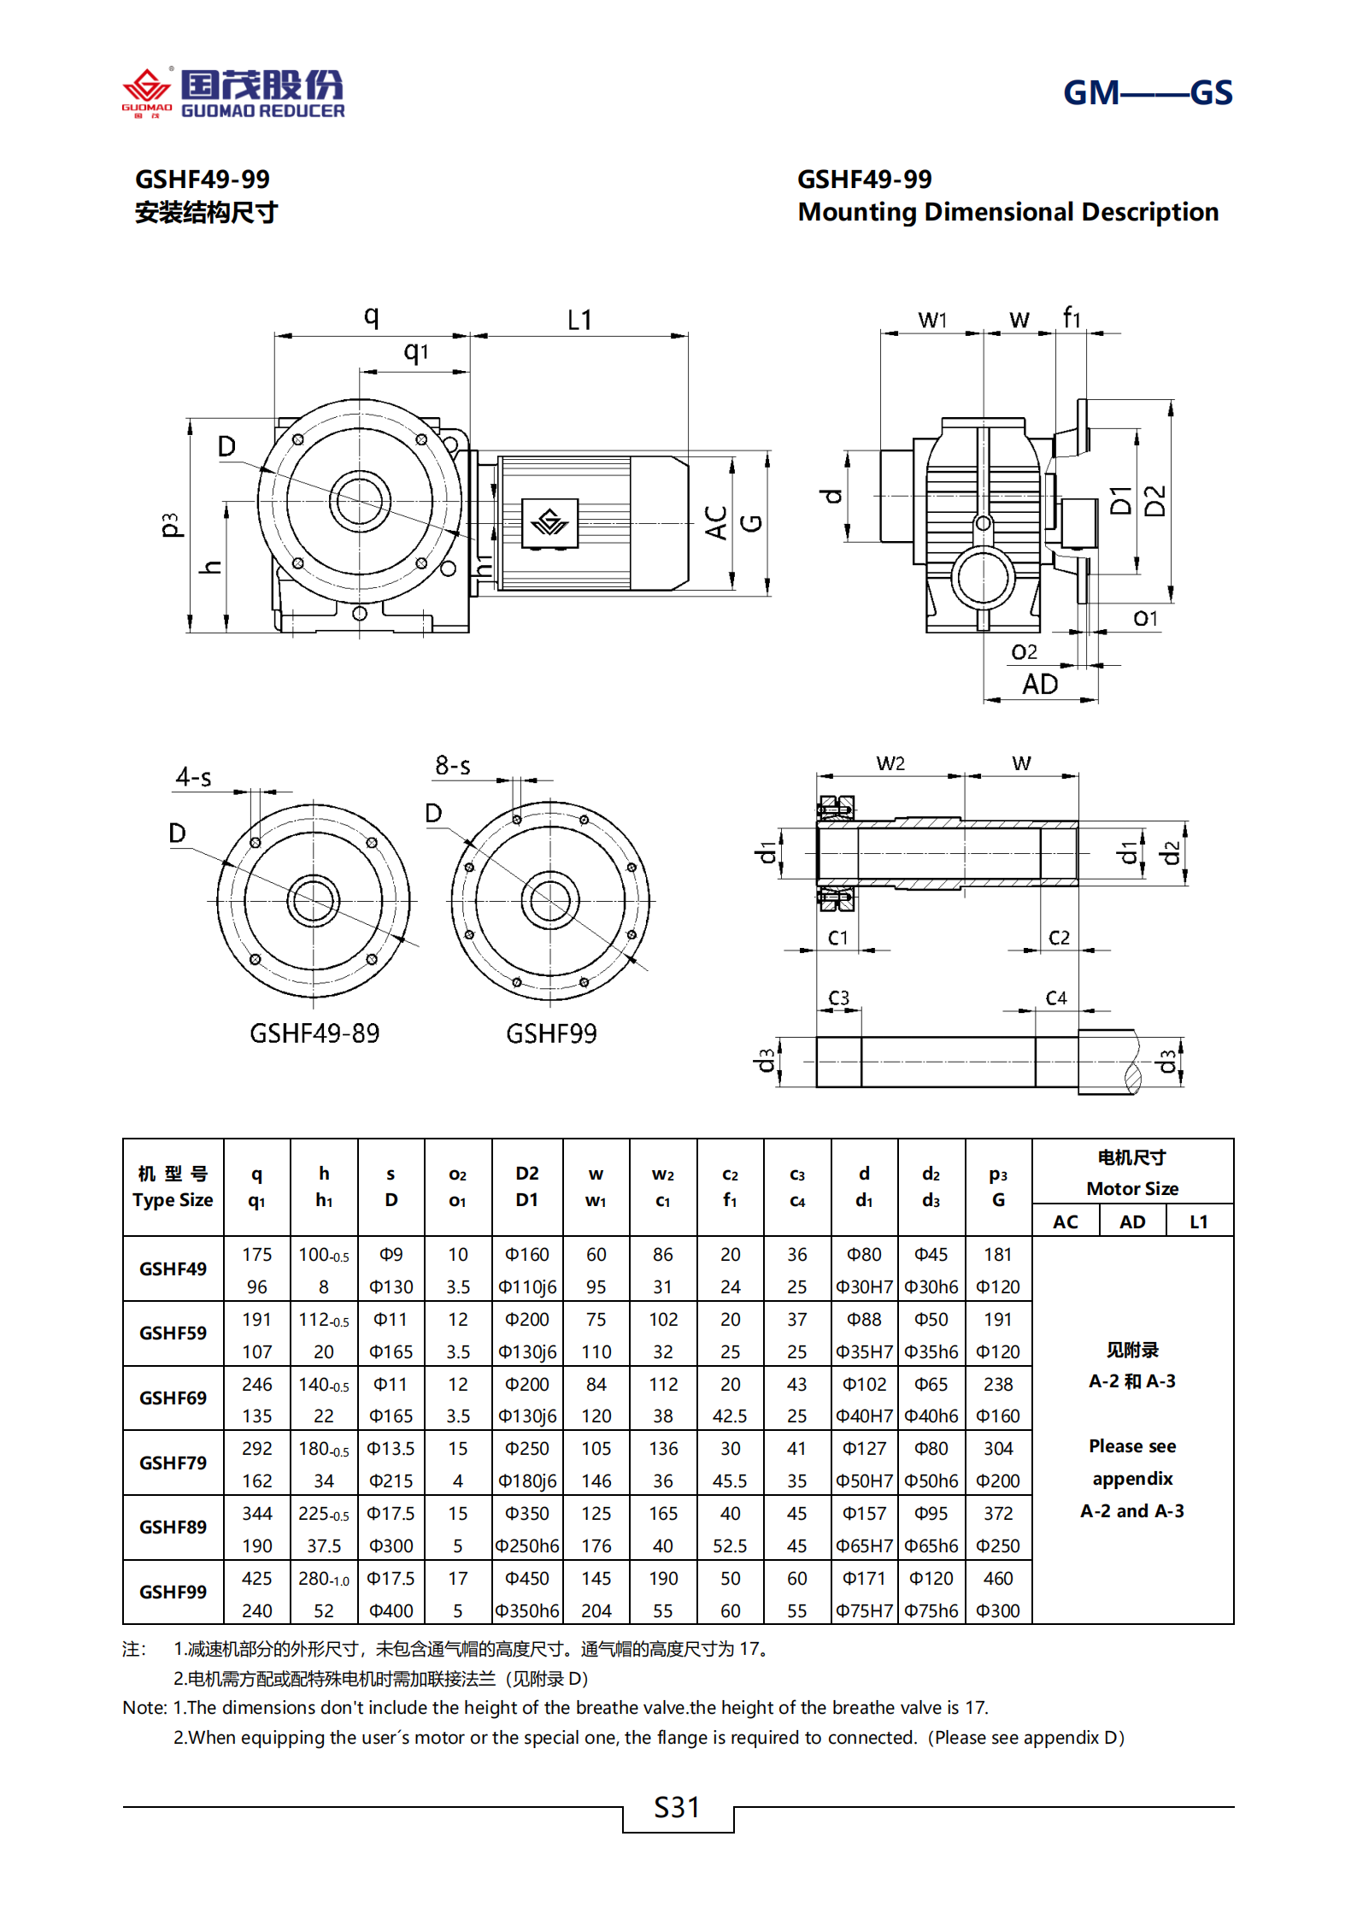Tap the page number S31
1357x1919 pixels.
click(677, 1807)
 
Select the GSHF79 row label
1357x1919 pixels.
click(173, 1463)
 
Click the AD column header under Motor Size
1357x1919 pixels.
click(1132, 1221)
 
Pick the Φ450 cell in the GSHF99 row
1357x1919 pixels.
click(527, 1578)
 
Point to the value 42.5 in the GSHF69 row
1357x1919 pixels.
click(730, 1416)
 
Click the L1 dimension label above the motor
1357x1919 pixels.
click(579, 321)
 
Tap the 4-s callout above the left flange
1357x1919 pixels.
click(194, 777)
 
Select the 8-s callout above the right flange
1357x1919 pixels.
click(452, 765)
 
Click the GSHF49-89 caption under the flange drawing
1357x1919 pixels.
click(314, 1033)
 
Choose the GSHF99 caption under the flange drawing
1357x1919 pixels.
click(551, 1033)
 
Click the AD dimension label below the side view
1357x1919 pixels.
click(1040, 685)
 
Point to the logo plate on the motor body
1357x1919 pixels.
click(549, 522)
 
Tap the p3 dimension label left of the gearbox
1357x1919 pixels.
click(170, 525)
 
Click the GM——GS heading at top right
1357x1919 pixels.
click(1147, 92)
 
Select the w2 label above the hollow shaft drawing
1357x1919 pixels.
click(890, 763)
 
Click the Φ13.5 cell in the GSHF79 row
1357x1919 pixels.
click(391, 1448)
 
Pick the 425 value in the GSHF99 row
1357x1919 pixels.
click(256, 1578)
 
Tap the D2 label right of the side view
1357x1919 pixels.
click(1154, 501)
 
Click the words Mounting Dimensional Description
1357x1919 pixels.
click(1007, 212)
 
